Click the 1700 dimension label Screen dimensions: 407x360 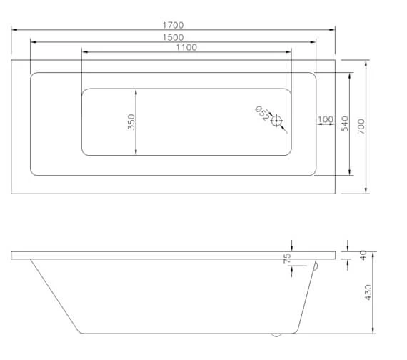click(173, 25)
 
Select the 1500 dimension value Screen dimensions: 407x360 click(173, 37)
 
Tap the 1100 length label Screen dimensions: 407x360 click(186, 48)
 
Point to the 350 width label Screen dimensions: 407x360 click(131, 122)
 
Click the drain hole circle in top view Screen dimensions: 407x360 click(276, 121)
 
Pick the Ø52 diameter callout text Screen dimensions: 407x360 click(262, 114)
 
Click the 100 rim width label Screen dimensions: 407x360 click(326, 119)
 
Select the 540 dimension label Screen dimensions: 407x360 click(345, 124)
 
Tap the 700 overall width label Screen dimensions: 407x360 click(361, 126)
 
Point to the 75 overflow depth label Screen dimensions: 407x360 click(287, 258)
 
